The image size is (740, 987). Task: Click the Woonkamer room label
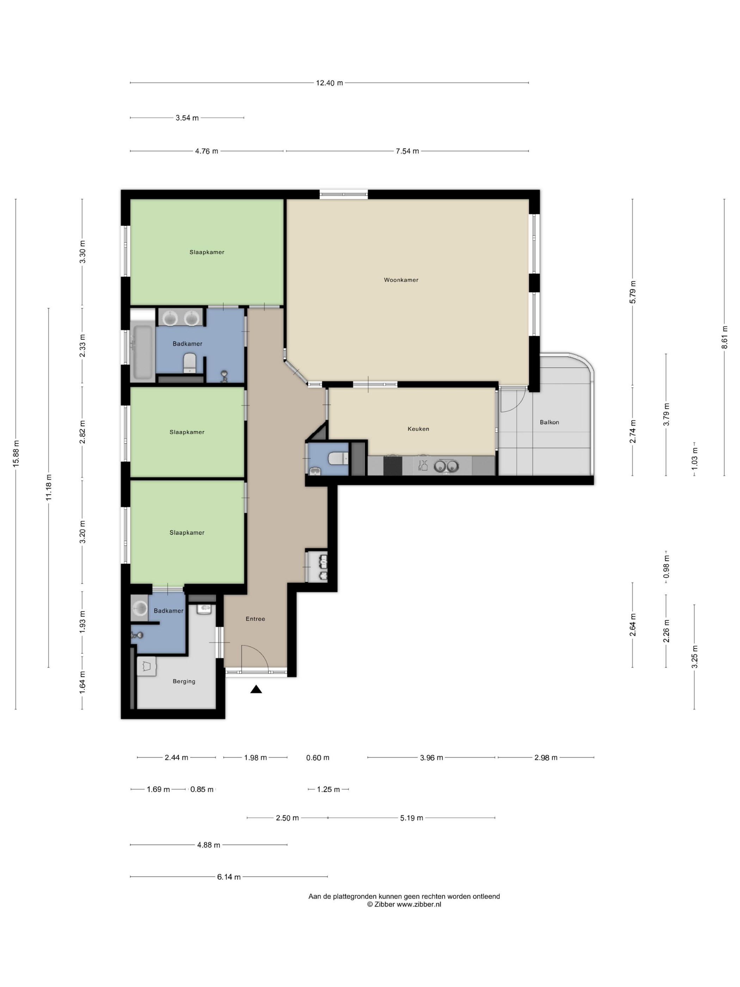click(x=401, y=280)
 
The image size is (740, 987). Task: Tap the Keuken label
click(x=418, y=429)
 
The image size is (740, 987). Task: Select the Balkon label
click(x=549, y=422)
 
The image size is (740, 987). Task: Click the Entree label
click(x=255, y=619)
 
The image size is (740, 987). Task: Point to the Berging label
click(x=184, y=681)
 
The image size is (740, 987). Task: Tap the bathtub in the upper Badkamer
click(x=142, y=352)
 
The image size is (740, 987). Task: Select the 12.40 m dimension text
click(x=329, y=83)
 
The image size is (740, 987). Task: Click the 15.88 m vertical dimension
click(x=17, y=454)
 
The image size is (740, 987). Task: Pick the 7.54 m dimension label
click(x=407, y=151)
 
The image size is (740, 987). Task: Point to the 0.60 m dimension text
click(x=317, y=758)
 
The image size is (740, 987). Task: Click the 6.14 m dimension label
click(x=229, y=877)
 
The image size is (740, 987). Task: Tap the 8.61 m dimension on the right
click(x=724, y=337)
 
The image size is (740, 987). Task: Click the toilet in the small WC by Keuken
click(x=338, y=458)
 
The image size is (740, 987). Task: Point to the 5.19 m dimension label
click(x=411, y=818)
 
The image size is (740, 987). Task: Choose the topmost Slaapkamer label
click(x=207, y=252)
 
